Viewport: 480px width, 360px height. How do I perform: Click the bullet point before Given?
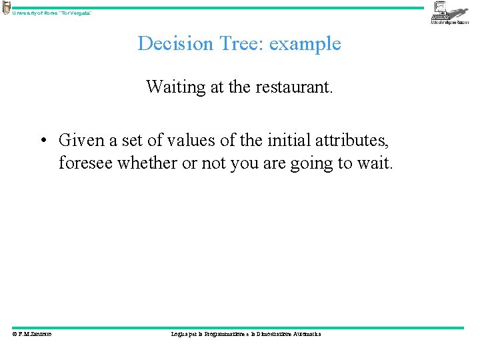coord(42,141)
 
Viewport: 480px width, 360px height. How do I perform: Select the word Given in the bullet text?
coord(80,141)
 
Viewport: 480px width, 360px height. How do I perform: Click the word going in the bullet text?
coord(313,163)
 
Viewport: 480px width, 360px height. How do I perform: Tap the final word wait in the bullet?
coord(377,163)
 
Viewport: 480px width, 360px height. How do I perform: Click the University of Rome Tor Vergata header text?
coord(52,13)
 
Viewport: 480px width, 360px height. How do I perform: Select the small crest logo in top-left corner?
coord(6,8)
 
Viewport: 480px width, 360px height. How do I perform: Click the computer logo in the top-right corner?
coord(449,12)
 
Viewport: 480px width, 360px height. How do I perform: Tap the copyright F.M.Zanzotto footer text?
coord(32,334)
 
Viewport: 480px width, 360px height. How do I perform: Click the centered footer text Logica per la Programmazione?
coord(245,334)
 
